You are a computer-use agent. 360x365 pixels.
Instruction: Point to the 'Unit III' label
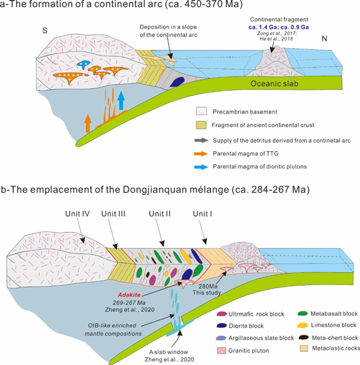114,213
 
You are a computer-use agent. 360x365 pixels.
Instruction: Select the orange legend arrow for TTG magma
203,153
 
